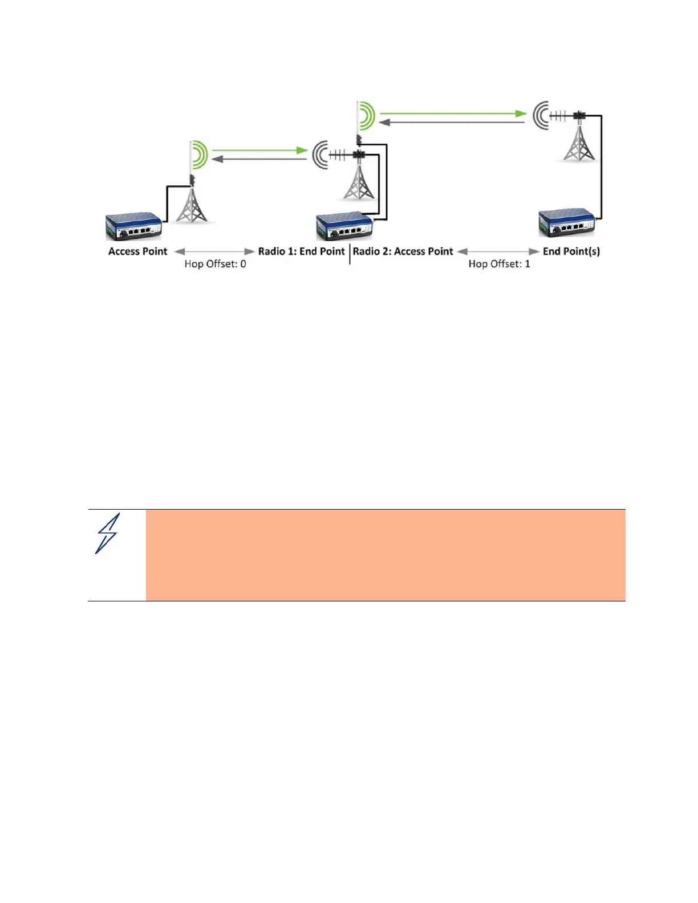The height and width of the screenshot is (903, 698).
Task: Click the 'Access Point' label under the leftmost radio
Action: (x=137, y=251)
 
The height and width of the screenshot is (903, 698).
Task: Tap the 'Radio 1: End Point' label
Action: (x=301, y=251)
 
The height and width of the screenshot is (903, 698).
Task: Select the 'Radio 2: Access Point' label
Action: (x=403, y=251)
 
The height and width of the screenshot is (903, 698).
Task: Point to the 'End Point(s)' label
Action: (x=571, y=251)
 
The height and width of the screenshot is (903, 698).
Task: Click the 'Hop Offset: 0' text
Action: (x=215, y=264)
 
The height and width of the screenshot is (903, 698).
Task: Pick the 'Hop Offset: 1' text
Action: (x=499, y=264)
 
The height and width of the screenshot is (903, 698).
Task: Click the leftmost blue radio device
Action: (x=134, y=226)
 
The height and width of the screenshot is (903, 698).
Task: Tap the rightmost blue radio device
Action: (x=567, y=223)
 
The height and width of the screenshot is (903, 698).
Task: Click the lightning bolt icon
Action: (x=107, y=534)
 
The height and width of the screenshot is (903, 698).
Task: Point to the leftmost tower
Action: (x=192, y=205)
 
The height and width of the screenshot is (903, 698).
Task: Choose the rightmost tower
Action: (x=579, y=143)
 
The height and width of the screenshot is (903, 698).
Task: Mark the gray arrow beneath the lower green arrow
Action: (x=260, y=159)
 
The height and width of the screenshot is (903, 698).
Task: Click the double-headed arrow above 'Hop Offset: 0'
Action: (x=215, y=251)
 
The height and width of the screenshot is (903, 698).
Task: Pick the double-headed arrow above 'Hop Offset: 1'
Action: (x=498, y=251)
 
